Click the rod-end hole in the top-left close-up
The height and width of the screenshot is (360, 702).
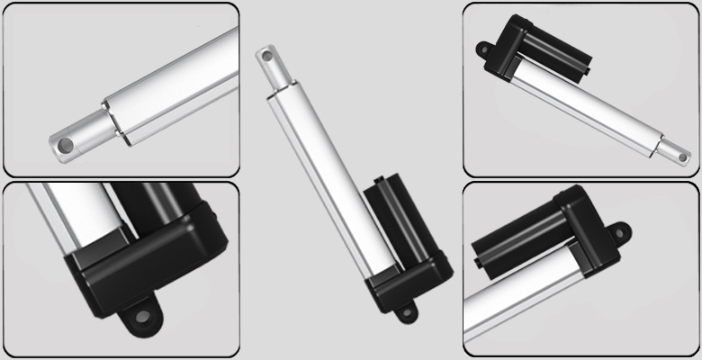64,144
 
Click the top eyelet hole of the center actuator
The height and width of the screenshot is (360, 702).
267,56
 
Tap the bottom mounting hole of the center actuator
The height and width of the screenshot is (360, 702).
406,312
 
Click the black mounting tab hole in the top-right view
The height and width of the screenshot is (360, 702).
481,51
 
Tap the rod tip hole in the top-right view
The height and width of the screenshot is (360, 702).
681,157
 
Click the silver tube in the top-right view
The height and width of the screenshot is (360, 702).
585,108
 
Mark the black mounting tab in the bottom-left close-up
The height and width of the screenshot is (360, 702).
138,316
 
